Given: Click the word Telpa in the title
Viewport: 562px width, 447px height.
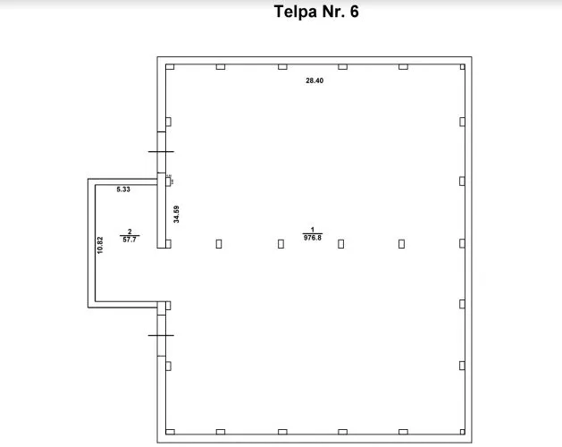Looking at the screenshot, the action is tap(296, 12).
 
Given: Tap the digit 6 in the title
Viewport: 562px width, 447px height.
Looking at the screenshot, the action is tap(354, 12).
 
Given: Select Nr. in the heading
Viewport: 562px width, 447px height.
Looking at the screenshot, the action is tap(333, 12).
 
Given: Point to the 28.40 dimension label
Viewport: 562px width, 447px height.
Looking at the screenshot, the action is tap(315, 80).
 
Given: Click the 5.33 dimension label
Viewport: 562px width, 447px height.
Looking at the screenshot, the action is tap(123, 190).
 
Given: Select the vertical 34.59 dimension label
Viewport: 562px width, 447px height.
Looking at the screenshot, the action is tap(176, 215).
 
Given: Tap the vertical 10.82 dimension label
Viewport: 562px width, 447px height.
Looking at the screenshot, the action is tap(100, 245).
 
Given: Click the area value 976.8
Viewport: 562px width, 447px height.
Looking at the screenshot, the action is tap(313, 238).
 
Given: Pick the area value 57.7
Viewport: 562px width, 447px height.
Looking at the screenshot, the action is tap(130, 240).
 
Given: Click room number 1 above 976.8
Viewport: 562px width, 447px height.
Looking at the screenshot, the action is tap(313, 230).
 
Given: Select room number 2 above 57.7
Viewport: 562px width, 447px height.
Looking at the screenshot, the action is tap(130, 232).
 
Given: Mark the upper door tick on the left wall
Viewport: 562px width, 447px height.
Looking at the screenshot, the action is tap(161, 152).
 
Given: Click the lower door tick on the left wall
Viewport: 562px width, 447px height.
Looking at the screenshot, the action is tap(161, 335).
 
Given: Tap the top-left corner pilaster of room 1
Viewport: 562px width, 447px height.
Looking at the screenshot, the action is tap(170, 67).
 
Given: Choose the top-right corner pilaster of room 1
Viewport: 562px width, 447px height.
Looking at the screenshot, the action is tap(462, 67).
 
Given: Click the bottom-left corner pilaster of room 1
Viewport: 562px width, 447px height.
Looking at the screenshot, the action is tap(170, 432).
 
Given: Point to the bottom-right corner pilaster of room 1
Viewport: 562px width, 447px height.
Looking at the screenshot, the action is tap(462, 432).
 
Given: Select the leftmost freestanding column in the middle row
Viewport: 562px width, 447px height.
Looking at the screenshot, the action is tap(219, 244).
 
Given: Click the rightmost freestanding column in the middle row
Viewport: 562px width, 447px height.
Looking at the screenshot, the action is tap(402, 244).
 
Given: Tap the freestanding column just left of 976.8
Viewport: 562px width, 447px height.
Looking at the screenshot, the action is tap(281, 244).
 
